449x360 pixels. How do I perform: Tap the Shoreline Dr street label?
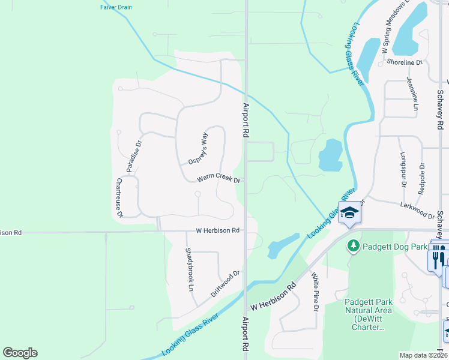pyautogui.click(x=404, y=62)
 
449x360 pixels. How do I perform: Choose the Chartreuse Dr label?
pyautogui.click(x=119, y=197)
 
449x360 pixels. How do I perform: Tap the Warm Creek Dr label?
pyautogui.click(x=219, y=179)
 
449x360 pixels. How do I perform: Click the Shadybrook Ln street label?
pyautogui.click(x=190, y=269)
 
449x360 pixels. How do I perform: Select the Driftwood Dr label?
pyautogui.click(x=225, y=284)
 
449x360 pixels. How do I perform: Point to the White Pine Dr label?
pyautogui.click(x=315, y=292)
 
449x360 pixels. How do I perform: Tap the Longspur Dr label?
pyautogui.click(x=403, y=169)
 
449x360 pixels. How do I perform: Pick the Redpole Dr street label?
pyautogui.click(x=422, y=179)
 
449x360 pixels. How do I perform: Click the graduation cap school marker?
pyautogui.click(x=349, y=212)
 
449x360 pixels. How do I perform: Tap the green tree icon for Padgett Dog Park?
pyautogui.click(x=354, y=246)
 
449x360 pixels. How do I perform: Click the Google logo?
pyautogui.click(x=20, y=353)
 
